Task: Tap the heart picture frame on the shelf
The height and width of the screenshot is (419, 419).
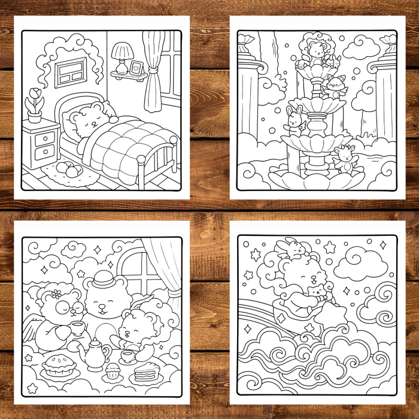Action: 136,66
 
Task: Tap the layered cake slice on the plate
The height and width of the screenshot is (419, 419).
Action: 144,375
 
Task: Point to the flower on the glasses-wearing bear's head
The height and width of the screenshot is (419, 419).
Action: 57,293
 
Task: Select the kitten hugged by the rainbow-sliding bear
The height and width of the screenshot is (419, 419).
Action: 315,293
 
